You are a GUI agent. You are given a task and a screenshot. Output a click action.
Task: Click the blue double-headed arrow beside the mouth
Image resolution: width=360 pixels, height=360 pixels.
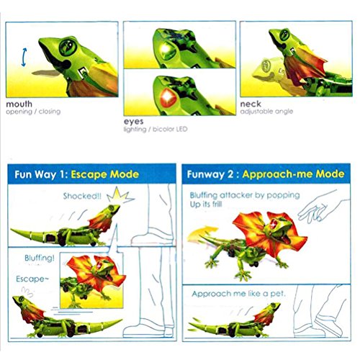pyautogui.click(x=24, y=57)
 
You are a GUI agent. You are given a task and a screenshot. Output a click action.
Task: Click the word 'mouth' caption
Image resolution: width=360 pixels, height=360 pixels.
pyautogui.click(x=19, y=104)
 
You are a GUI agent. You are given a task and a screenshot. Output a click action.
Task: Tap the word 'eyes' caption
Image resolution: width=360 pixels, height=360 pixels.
pyautogui.click(x=134, y=122)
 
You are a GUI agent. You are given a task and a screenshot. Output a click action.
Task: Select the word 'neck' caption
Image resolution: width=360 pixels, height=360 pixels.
pyautogui.click(x=251, y=104)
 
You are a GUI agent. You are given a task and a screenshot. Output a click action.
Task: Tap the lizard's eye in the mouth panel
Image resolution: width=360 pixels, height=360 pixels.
pyautogui.click(x=68, y=47)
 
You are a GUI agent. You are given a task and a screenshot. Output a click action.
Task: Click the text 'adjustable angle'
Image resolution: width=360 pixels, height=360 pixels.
pyautogui.click(x=266, y=112)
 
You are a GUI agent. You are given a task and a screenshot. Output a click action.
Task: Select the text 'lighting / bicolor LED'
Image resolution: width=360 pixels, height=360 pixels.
pyautogui.click(x=156, y=130)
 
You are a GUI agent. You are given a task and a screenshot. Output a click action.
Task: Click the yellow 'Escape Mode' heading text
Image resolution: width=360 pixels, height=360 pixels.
pyautogui.click(x=105, y=174)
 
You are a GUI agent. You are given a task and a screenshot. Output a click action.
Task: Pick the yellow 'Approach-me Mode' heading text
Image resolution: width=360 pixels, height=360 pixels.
pyautogui.click(x=293, y=174)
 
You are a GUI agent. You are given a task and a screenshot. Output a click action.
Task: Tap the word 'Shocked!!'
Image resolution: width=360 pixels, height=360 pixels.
pyautogui.click(x=82, y=196)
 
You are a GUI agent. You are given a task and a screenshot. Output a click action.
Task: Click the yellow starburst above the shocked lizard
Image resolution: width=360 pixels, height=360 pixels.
pyautogui.click(x=120, y=196)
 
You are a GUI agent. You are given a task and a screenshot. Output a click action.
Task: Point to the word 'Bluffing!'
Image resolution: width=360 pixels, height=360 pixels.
pyautogui.click(x=40, y=258)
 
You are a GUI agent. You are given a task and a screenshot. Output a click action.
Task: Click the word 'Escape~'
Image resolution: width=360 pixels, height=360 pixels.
pyautogui.click(x=32, y=279)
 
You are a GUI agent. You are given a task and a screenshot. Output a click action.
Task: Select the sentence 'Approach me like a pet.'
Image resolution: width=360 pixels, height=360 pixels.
pyautogui.click(x=239, y=294)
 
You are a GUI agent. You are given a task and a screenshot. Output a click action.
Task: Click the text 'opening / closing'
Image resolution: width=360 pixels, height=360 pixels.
pyautogui.click(x=33, y=112)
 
